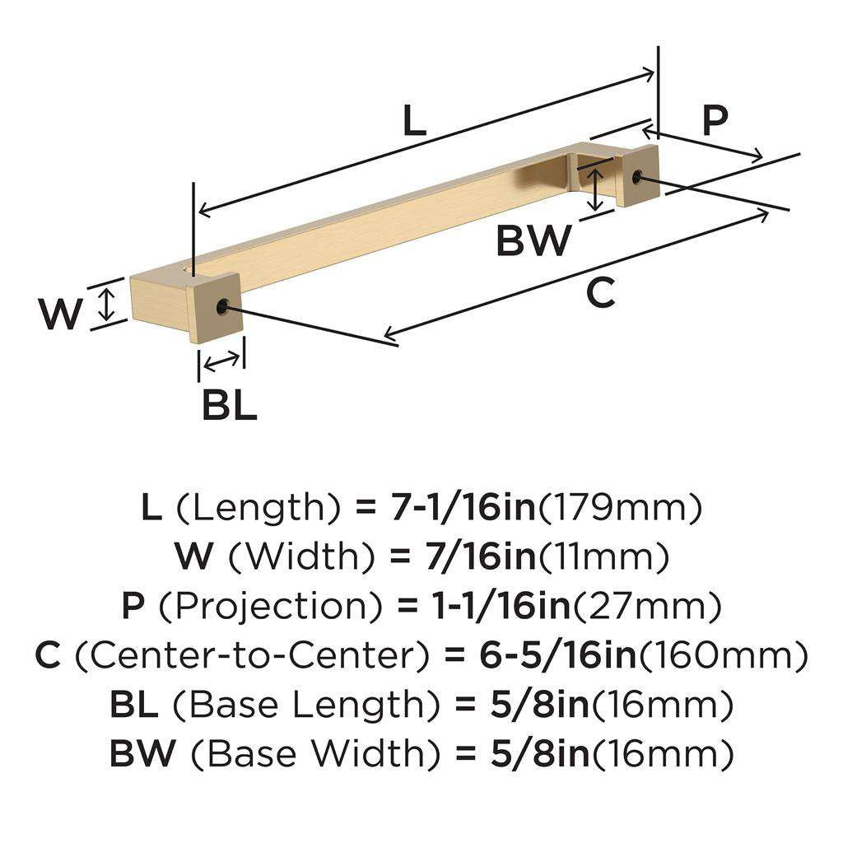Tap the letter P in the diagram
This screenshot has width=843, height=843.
tap(715, 120)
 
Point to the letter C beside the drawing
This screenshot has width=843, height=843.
tap(602, 293)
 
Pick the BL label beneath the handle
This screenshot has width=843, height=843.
tap(230, 405)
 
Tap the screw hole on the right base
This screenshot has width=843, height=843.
tap(638, 175)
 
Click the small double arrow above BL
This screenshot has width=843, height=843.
tap(221, 360)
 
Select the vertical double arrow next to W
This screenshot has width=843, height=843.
tap(105, 303)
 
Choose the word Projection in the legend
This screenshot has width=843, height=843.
tap(264, 608)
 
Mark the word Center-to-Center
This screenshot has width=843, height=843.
tap(252, 656)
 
